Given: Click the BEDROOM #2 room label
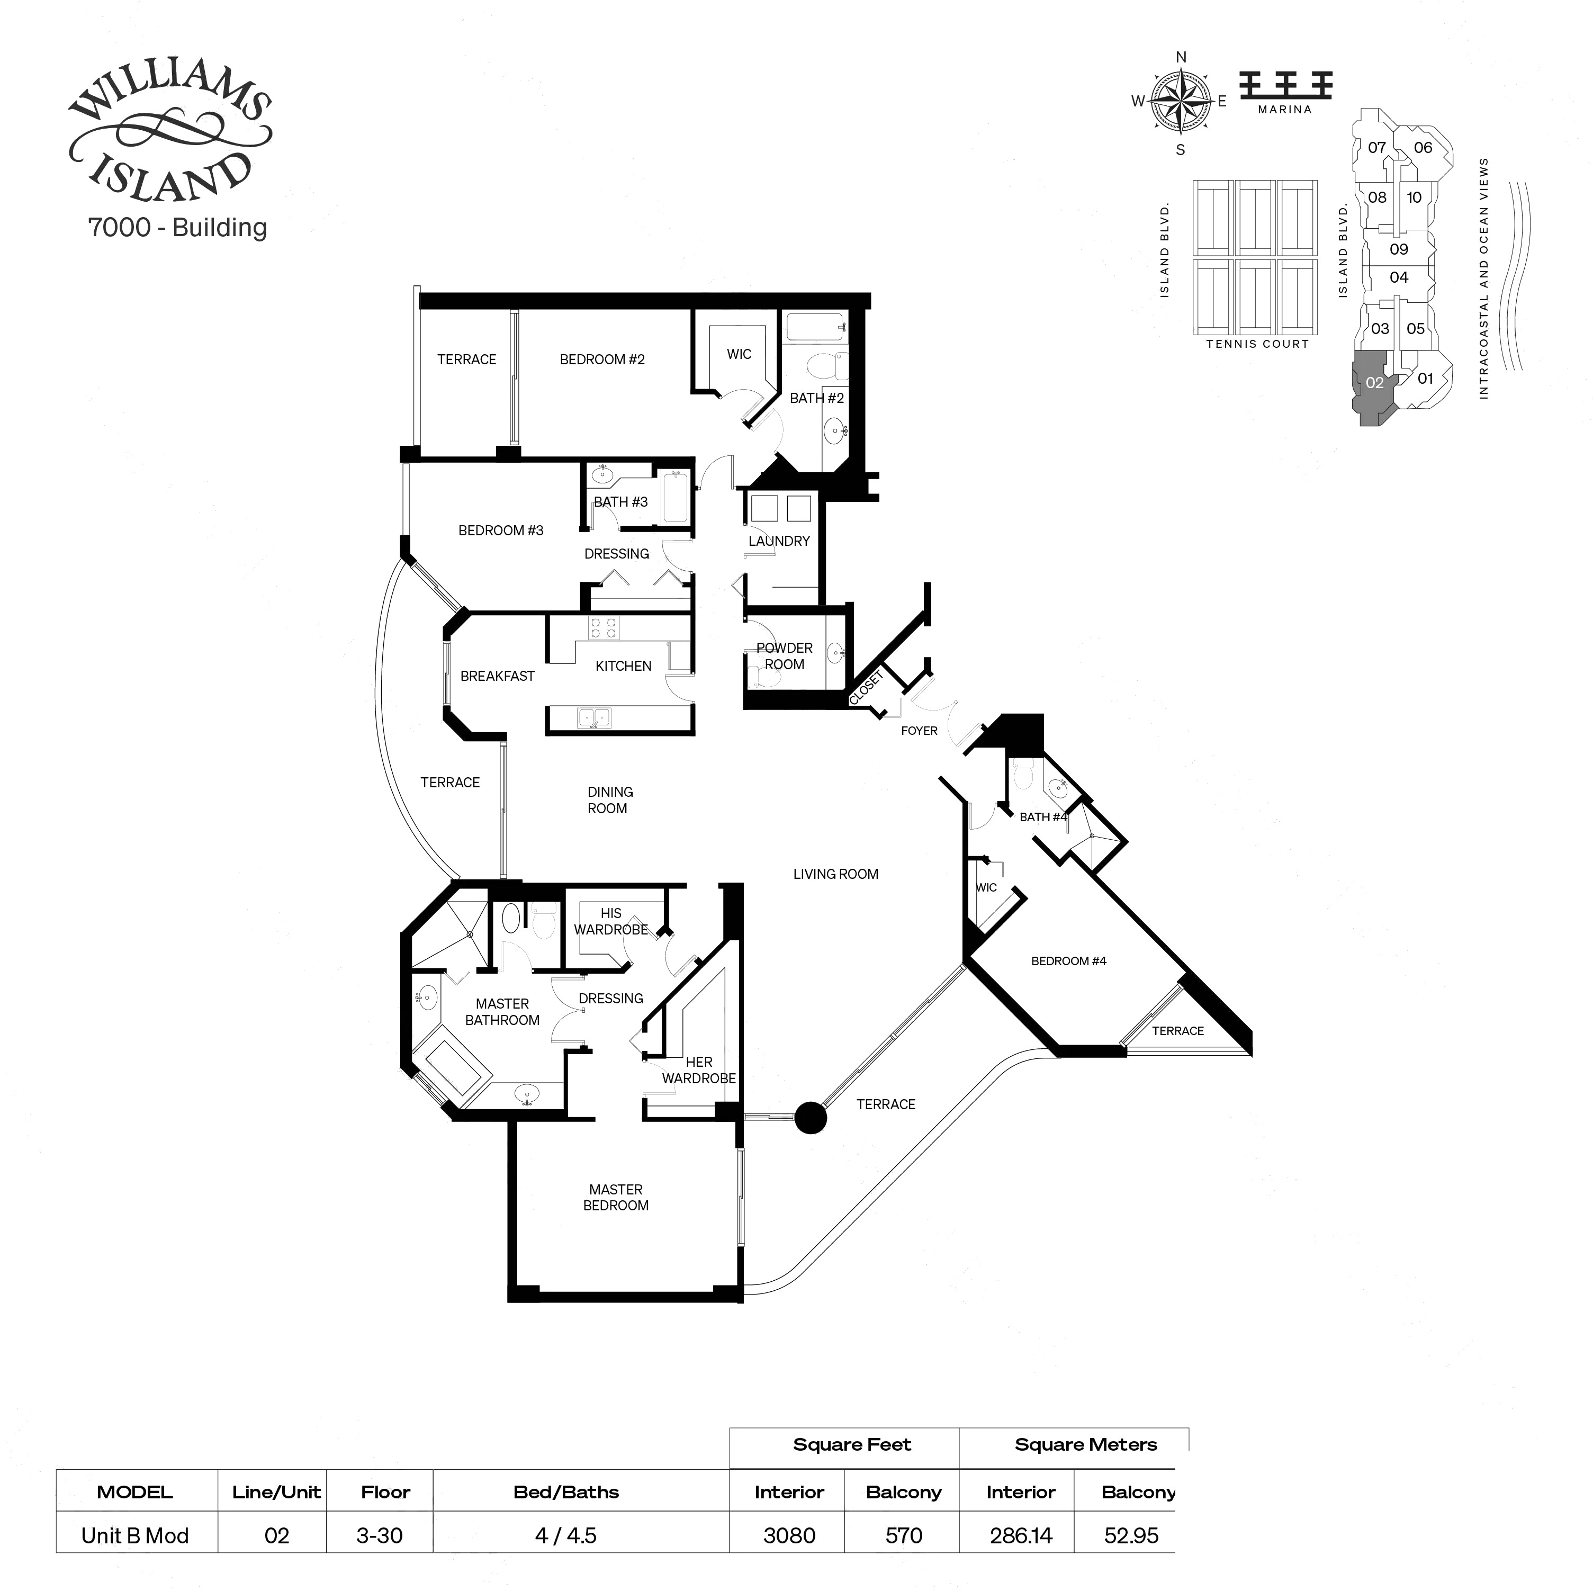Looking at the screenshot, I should click(x=602, y=359).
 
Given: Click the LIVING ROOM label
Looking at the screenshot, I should click(x=835, y=874).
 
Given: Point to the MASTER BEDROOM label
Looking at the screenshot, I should click(x=616, y=1198).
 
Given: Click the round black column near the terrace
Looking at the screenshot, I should click(x=811, y=1118).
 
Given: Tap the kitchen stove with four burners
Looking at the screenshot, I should click(x=602, y=627).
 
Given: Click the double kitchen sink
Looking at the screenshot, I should click(x=593, y=717).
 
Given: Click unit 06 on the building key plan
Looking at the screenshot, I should click(x=1423, y=148).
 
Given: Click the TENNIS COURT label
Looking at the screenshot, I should click(x=1257, y=344).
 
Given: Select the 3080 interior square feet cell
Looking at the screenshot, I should click(x=789, y=1536).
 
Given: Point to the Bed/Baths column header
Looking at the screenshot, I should click(x=565, y=1492).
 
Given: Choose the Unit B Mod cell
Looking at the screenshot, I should click(x=135, y=1536).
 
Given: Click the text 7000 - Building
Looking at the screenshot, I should click(x=177, y=228).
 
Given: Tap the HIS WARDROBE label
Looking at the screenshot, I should click(x=611, y=921).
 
